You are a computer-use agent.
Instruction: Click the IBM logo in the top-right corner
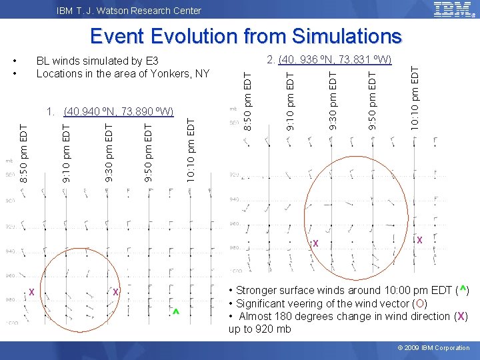tap(454, 9)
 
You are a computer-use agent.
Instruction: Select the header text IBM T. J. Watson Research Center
tap(129, 11)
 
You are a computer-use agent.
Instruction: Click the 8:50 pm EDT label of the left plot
tap(23, 153)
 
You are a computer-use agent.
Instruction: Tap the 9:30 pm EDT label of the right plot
tap(333, 95)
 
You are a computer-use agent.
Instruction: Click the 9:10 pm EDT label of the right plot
tap(290, 95)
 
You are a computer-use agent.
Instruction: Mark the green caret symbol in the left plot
tap(175, 313)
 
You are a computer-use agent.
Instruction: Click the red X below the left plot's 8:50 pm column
tap(31, 292)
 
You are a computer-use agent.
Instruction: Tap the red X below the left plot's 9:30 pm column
tap(115, 292)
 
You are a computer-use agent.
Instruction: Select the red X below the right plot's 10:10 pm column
tap(419, 240)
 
